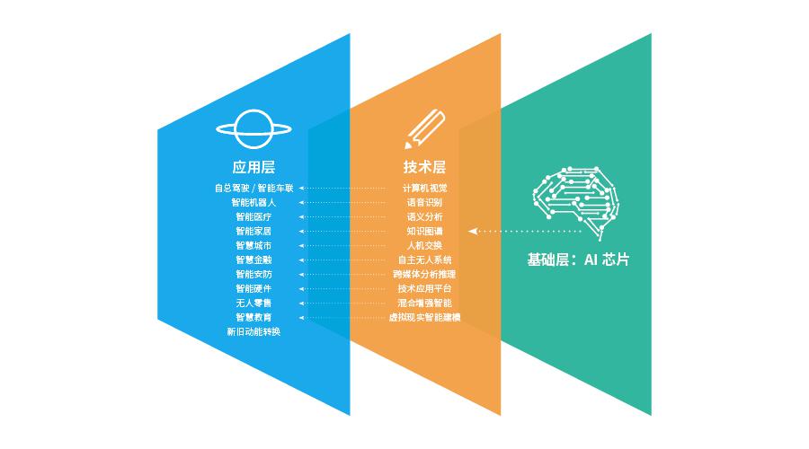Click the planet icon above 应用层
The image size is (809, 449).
pos(253,128)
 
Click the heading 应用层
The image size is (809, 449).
pos(253,167)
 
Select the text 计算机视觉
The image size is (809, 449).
pos(424,189)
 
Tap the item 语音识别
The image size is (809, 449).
pos(424,203)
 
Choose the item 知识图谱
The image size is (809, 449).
pos(424,232)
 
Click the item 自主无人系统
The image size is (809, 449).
pos(424,260)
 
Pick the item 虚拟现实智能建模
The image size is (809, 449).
pos(424,318)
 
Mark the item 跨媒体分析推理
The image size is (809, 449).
pos(424,275)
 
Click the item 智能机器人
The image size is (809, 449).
pos(253,203)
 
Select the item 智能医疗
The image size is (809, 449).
pos(253,217)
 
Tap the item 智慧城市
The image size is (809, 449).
pos(253,246)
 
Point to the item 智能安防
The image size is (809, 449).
pos(253,275)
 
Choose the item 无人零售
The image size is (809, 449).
pos(253,304)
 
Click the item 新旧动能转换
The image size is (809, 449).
pos(253,332)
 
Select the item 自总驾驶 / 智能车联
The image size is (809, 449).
pos(253,189)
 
